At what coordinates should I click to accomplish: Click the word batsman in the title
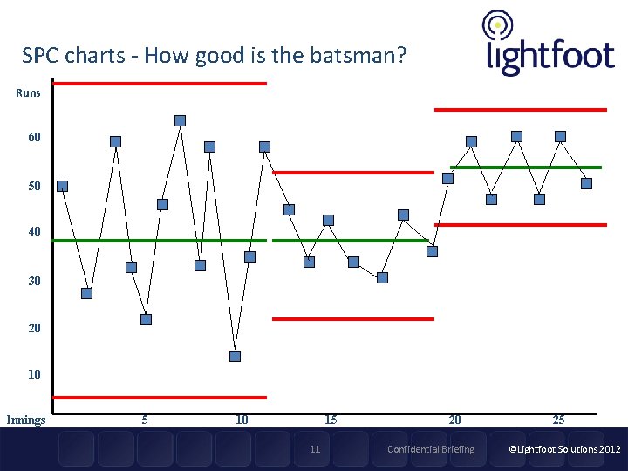pyautogui.click(x=358, y=58)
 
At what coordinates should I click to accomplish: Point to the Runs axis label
pyautogui.click(x=28, y=92)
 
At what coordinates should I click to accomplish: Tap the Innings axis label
pyautogui.click(x=25, y=420)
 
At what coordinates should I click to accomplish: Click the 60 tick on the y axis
pyautogui.click(x=33, y=138)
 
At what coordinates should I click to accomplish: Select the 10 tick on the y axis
pyautogui.click(x=33, y=374)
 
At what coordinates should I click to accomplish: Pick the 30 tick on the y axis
pyautogui.click(x=33, y=282)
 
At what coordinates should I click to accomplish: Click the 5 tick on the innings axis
pyautogui.click(x=144, y=420)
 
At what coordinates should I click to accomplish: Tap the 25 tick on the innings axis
pyautogui.click(x=558, y=420)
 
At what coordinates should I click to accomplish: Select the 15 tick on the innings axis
pyautogui.click(x=331, y=420)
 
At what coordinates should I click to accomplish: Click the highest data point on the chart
pyautogui.click(x=180, y=120)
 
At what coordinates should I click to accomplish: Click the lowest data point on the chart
pyautogui.click(x=235, y=356)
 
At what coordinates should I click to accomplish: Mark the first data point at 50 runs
pyautogui.click(x=62, y=186)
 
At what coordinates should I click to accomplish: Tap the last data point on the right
pyautogui.click(x=586, y=183)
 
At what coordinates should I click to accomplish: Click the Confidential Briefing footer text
pyautogui.click(x=431, y=449)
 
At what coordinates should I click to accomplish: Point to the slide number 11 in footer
pyautogui.click(x=315, y=449)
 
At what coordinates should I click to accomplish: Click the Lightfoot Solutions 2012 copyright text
pyautogui.click(x=564, y=449)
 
